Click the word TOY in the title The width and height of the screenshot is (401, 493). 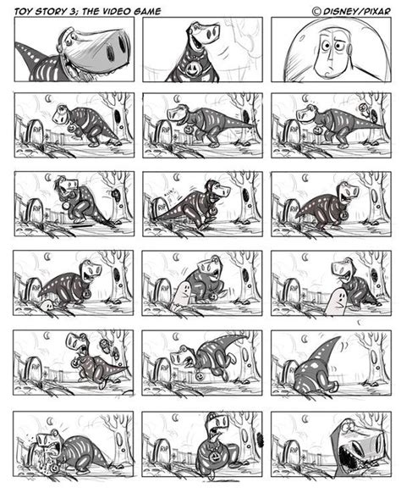tap(23, 11)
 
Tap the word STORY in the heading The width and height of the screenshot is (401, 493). tap(50, 11)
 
